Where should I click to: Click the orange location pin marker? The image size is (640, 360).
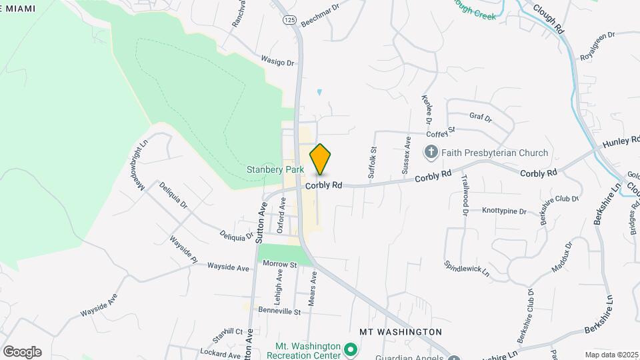(321, 159)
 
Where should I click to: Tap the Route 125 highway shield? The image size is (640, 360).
(288, 20)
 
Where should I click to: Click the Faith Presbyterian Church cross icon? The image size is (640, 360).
(431, 153)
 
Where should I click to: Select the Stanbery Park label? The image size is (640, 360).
(275, 170)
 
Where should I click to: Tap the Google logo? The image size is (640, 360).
(22, 351)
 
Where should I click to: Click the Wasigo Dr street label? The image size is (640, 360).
(277, 61)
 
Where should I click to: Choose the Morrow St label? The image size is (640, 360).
(279, 265)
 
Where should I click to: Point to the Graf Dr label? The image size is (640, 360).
(480, 118)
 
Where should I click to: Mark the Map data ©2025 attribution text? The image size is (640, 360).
(610, 355)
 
